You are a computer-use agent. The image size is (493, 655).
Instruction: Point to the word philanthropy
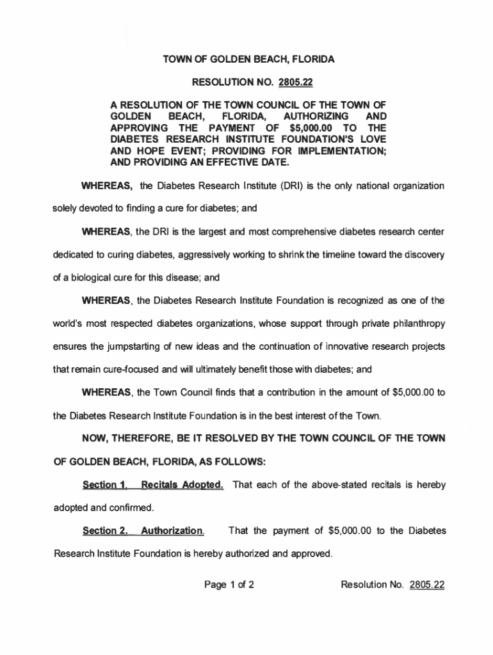[409, 323]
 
